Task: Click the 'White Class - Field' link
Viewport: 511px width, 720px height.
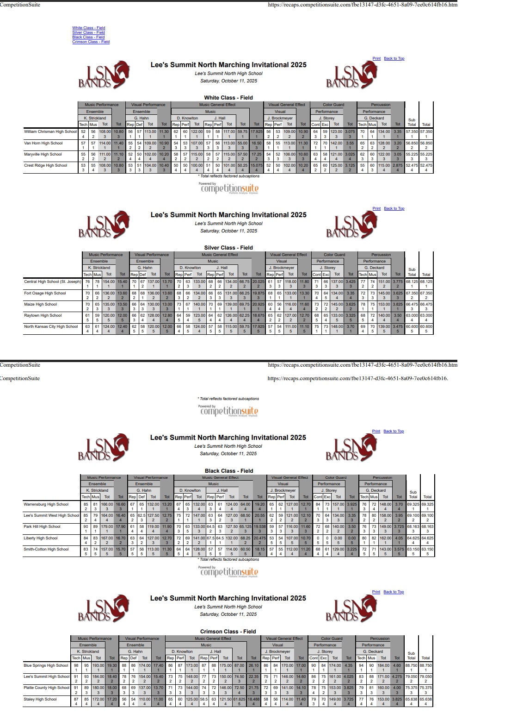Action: coord(88,28)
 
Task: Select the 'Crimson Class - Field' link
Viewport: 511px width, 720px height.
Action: coord(91,42)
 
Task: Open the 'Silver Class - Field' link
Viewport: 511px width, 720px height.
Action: coord(88,32)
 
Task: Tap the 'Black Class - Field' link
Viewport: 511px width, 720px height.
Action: coord(88,37)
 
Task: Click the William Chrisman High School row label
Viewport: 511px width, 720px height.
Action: coord(50,132)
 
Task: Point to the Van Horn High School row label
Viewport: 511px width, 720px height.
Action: coord(43,143)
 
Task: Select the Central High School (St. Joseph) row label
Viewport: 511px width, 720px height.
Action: coord(52,282)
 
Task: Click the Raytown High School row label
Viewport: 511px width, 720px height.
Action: coord(43,315)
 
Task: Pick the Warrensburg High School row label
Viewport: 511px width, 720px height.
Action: coord(46,504)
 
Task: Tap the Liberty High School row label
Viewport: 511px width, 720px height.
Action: coord(41,538)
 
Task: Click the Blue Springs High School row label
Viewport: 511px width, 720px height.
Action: coord(46,665)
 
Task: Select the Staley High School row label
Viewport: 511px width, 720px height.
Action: coord(40,699)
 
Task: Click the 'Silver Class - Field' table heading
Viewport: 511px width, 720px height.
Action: coord(228,248)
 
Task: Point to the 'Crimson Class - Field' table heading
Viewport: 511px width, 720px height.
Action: coord(228,632)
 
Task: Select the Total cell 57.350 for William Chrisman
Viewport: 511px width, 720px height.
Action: coord(426,132)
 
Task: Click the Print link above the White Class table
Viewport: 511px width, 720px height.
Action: coord(376,59)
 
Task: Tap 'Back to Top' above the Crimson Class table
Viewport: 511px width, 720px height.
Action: coord(394,592)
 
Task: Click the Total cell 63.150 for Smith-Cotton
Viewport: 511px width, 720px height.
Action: coord(427,549)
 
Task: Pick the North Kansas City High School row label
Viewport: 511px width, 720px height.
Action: coord(51,326)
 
